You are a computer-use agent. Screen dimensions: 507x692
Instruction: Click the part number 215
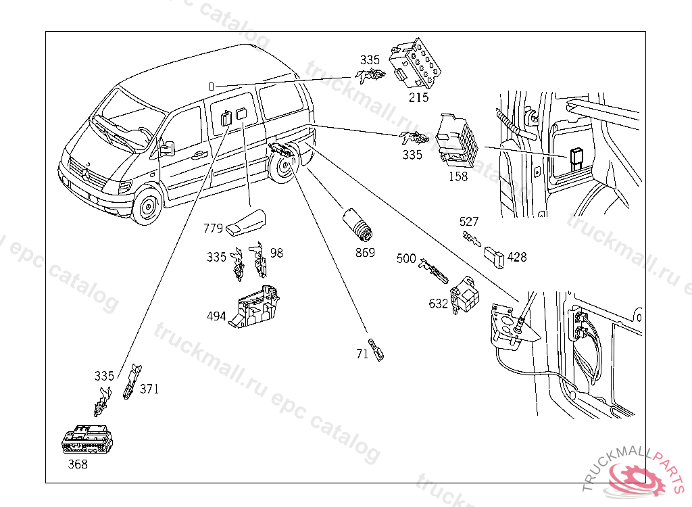point(418,97)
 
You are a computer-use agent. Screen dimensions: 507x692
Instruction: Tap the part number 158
point(458,177)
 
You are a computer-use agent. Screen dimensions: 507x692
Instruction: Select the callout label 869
point(366,254)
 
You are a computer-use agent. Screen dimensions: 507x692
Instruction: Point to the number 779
point(214,228)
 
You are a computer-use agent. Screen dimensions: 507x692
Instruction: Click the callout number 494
point(217,316)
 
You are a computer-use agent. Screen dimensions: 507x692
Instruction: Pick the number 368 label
point(78,464)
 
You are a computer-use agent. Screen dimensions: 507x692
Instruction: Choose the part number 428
point(517,258)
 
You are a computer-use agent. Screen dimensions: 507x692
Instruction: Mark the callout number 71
point(362,353)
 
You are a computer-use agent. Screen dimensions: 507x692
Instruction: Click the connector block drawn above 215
point(418,64)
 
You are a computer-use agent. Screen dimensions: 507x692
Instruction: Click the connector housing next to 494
point(255,308)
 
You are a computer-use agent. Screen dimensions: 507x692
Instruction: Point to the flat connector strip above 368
point(86,441)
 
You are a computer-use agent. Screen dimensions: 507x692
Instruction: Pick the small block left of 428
point(493,256)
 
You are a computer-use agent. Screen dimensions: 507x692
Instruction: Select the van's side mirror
point(166,148)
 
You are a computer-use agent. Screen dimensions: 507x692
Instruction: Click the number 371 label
point(149,389)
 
